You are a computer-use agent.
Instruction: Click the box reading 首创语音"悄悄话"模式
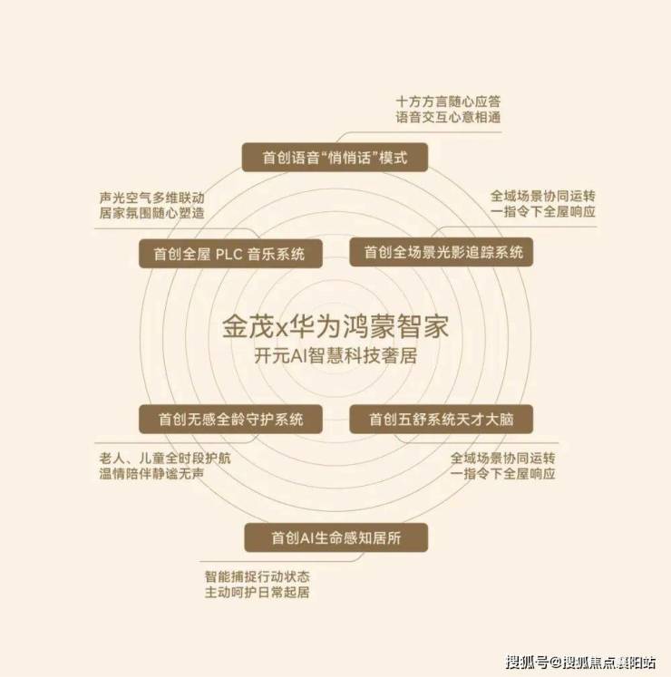point(335,157)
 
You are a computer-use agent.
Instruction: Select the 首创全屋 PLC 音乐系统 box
point(230,254)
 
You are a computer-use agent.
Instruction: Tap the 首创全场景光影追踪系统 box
point(442,252)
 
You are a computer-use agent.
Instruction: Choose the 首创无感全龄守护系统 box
point(230,419)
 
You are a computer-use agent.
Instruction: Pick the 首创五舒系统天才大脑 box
point(442,419)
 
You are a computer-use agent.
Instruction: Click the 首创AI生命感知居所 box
point(336,537)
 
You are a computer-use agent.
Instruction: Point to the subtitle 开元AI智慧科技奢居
point(335,356)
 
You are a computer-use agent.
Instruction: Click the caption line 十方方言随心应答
point(448,102)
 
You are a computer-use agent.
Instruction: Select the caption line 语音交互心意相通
point(448,117)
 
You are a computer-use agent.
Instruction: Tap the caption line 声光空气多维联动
point(151,198)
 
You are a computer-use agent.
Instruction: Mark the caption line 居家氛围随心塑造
point(151,213)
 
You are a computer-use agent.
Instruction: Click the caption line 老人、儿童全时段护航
point(165,458)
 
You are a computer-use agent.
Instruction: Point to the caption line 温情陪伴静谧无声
point(151,474)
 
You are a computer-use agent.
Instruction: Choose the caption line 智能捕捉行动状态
point(258,576)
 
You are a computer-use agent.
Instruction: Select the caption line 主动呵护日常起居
point(258,592)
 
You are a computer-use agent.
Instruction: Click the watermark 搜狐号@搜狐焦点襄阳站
point(581,662)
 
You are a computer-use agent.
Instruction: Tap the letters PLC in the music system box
point(229,254)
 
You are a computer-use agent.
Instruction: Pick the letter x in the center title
point(281,329)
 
